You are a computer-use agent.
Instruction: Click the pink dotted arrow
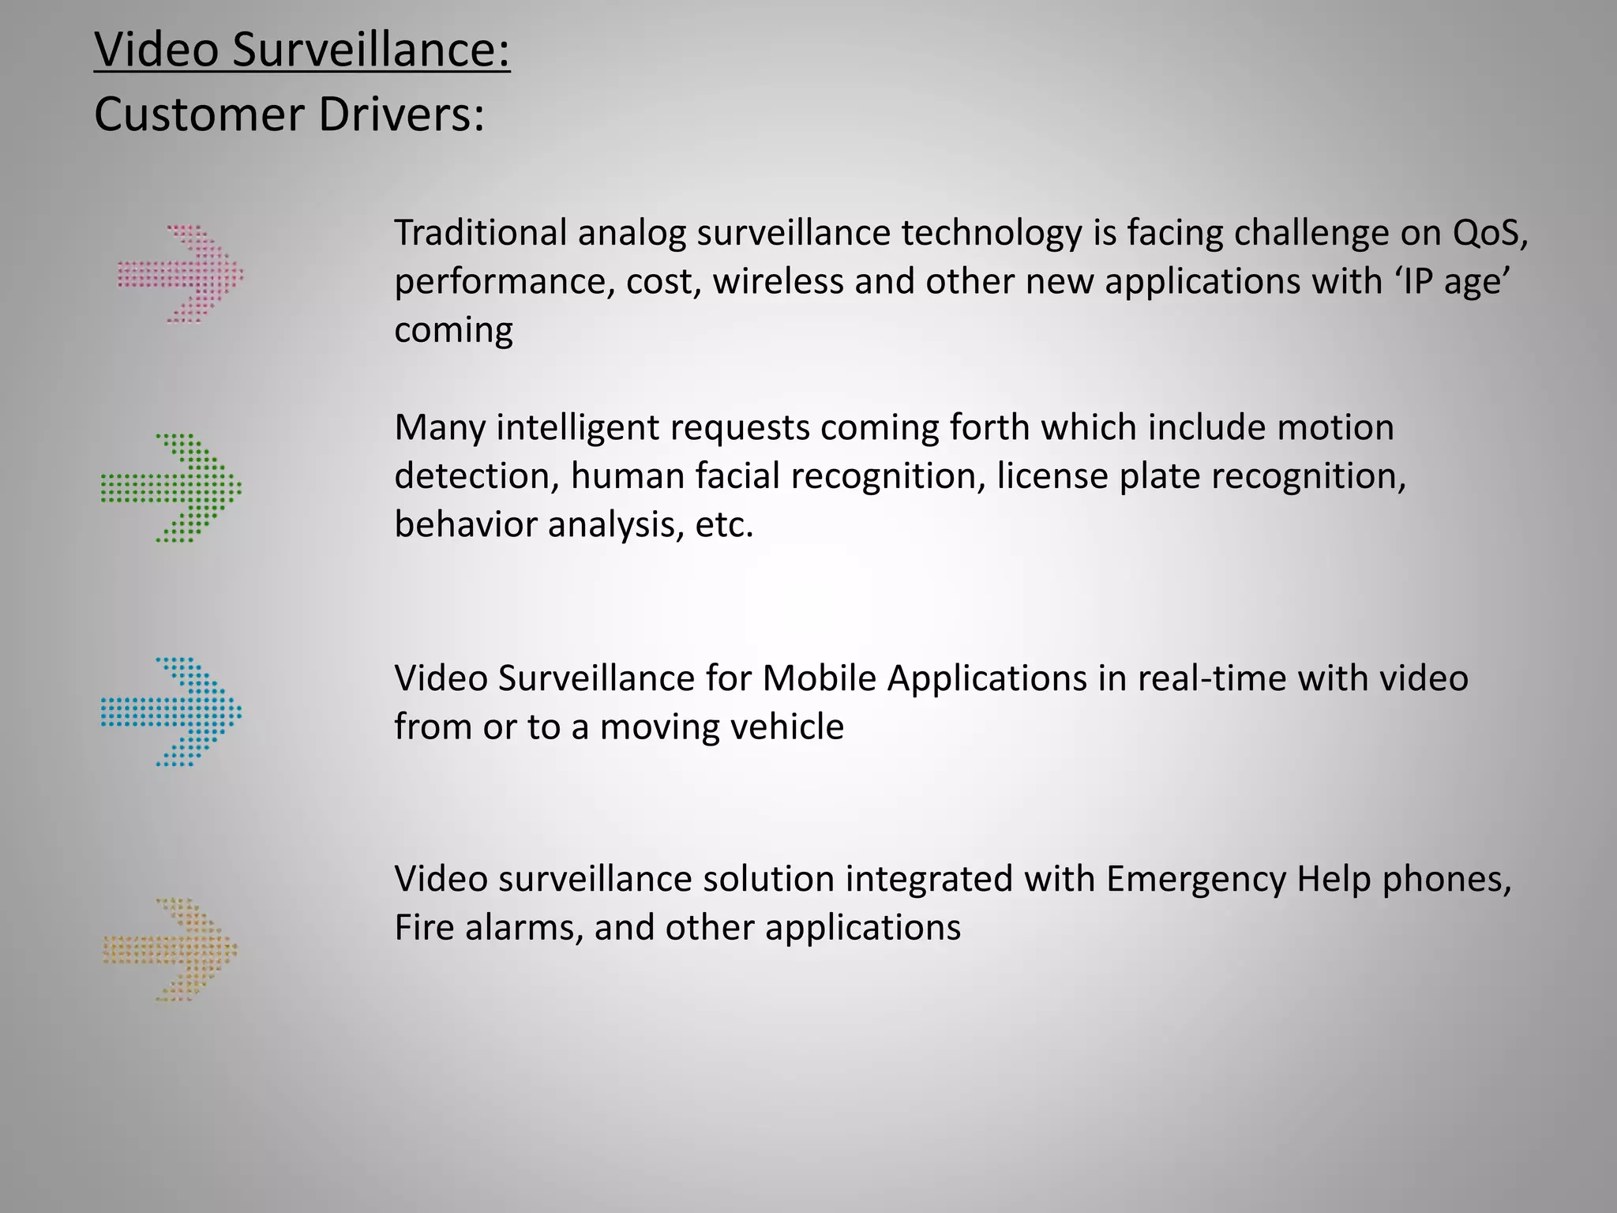coord(181,275)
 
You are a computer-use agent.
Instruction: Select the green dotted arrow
coord(171,488)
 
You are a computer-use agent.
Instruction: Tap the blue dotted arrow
coord(171,712)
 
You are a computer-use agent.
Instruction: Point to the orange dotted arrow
coord(171,949)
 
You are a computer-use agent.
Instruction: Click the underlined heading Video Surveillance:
coord(302,50)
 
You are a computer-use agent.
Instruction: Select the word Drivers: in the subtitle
coord(402,115)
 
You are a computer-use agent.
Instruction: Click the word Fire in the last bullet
coord(424,927)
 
